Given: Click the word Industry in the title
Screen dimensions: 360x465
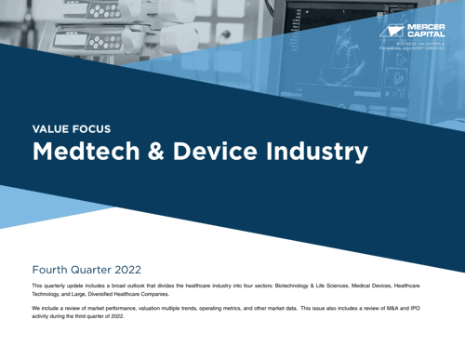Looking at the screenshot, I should (x=313, y=151).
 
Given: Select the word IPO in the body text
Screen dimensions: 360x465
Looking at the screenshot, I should (x=418, y=306).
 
